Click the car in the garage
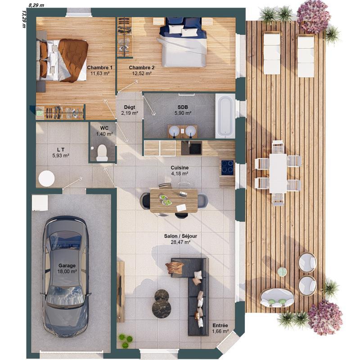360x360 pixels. (x=65, y=270)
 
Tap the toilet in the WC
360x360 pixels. (x=102, y=153)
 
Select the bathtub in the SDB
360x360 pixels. (x=225, y=117)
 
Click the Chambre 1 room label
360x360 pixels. (x=100, y=67)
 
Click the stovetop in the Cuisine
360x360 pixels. (x=227, y=167)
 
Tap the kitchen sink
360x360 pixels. (x=195, y=148)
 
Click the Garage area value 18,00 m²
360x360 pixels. (x=67, y=271)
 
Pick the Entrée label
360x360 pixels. (x=220, y=326)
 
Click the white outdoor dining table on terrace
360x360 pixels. (x=278, y=173)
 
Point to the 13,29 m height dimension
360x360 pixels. (x=23, y=18)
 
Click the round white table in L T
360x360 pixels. (x=46, y=179)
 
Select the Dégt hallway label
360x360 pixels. (x=129, y=107)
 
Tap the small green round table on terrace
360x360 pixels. (x=282, y=271)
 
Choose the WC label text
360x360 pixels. (x=104, y=128)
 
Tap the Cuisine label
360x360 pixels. (x=179, y=167)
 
